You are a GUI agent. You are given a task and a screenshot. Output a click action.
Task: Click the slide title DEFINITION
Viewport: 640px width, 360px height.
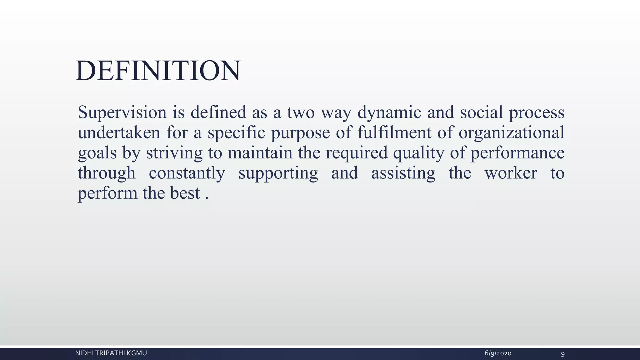point(158,71)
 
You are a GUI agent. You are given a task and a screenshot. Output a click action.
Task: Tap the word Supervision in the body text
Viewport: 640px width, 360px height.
point(122,112)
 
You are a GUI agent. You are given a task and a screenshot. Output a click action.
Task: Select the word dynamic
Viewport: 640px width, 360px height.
point(389,112)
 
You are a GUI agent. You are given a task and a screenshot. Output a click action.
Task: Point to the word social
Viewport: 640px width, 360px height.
point(481,112)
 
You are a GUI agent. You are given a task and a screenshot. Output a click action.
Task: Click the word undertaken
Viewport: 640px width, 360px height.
point(119,132)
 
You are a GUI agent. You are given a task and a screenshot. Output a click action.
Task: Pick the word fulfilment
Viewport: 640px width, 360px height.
point(394,132)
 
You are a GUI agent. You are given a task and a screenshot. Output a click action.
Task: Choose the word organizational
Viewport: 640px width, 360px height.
point(511,132)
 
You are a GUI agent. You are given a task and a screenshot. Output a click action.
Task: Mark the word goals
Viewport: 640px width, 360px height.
point(97,153)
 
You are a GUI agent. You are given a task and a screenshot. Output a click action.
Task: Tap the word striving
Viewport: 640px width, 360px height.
point(174,153)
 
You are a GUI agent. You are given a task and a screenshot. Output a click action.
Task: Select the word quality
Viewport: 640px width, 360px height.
point(418,153)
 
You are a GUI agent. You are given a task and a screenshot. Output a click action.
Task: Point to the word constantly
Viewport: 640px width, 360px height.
point(187,173)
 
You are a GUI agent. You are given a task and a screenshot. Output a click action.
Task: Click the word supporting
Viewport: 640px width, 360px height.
point(278,173)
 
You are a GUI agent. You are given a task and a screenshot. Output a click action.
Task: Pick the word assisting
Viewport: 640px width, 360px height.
point(403,173)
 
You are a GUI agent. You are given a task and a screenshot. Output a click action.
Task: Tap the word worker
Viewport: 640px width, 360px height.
point(511,173)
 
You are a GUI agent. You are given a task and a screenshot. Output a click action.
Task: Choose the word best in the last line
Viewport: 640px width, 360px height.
point(185,193)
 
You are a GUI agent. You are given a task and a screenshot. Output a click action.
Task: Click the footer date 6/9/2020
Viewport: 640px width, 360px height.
point(498,353)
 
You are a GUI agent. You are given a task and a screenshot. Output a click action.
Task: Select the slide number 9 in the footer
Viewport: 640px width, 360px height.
point(563,354)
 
